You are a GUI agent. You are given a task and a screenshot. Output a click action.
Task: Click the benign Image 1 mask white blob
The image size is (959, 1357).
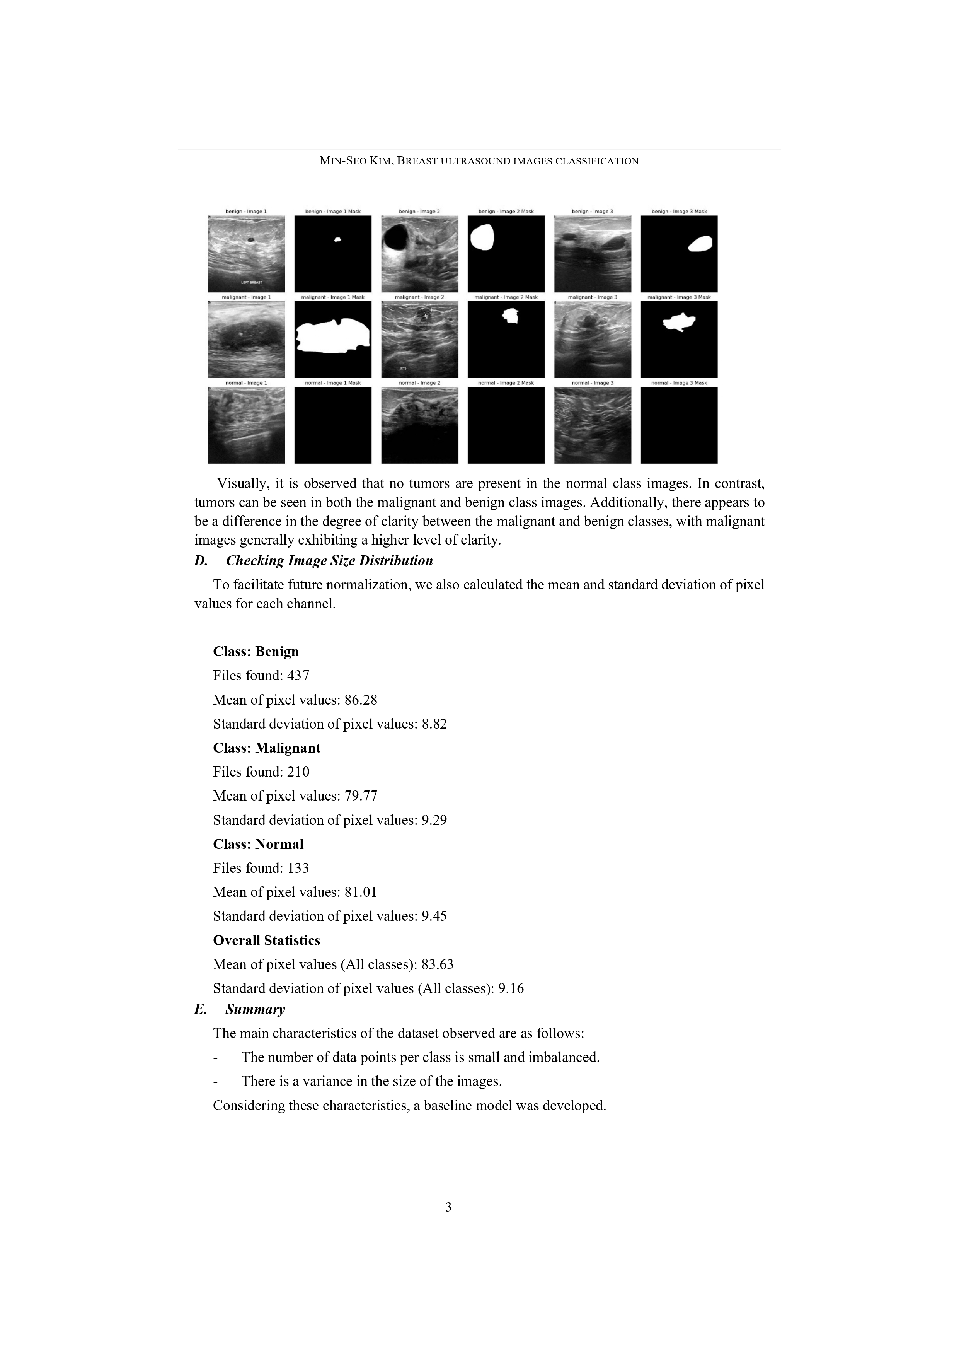337,239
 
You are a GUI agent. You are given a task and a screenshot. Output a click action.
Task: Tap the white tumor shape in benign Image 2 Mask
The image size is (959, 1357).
483,237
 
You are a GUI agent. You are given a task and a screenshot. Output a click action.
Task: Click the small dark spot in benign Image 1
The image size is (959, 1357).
250,239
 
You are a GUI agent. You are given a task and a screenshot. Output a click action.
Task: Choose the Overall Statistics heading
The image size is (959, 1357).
266,941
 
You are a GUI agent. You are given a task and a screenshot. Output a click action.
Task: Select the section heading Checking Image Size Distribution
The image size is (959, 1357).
329,561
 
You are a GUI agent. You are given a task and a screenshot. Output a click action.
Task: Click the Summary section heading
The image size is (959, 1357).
255,1009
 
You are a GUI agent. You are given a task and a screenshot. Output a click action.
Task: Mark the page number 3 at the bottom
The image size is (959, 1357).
448,1207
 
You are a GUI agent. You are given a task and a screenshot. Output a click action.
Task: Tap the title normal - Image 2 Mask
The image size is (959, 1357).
506,383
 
